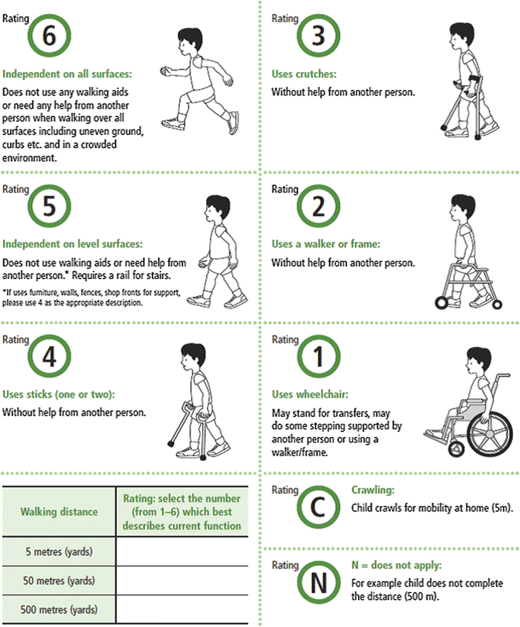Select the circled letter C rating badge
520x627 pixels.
point(317,507)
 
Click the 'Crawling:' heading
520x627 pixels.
point(373,490)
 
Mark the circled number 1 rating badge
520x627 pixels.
point(317,357)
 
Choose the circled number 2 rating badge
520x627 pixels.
point(317,206)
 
